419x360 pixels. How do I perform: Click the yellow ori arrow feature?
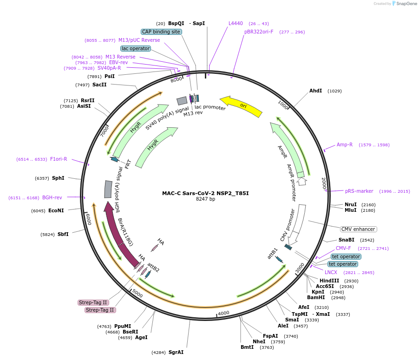pos(242,106)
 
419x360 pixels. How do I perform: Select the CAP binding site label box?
pos(161,32)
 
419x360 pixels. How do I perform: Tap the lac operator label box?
pos(136,48)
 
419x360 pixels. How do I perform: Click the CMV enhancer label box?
pos(358,229)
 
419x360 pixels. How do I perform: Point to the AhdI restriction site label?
pos(315,91)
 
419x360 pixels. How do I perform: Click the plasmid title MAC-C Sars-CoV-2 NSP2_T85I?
pos(209,193)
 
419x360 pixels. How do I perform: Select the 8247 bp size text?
pos(205,199)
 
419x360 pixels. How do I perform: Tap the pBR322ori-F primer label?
pos(259,32)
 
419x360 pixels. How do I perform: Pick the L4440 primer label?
pos(236,23)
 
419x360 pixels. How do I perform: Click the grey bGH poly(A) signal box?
pos(108,189)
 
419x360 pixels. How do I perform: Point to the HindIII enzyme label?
pos(329,281)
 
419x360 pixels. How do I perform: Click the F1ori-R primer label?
pos(59,159)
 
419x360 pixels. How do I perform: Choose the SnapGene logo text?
pos(404,4)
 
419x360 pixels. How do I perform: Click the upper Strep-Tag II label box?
pos(93,302)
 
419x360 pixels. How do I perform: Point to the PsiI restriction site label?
pos(109,76)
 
